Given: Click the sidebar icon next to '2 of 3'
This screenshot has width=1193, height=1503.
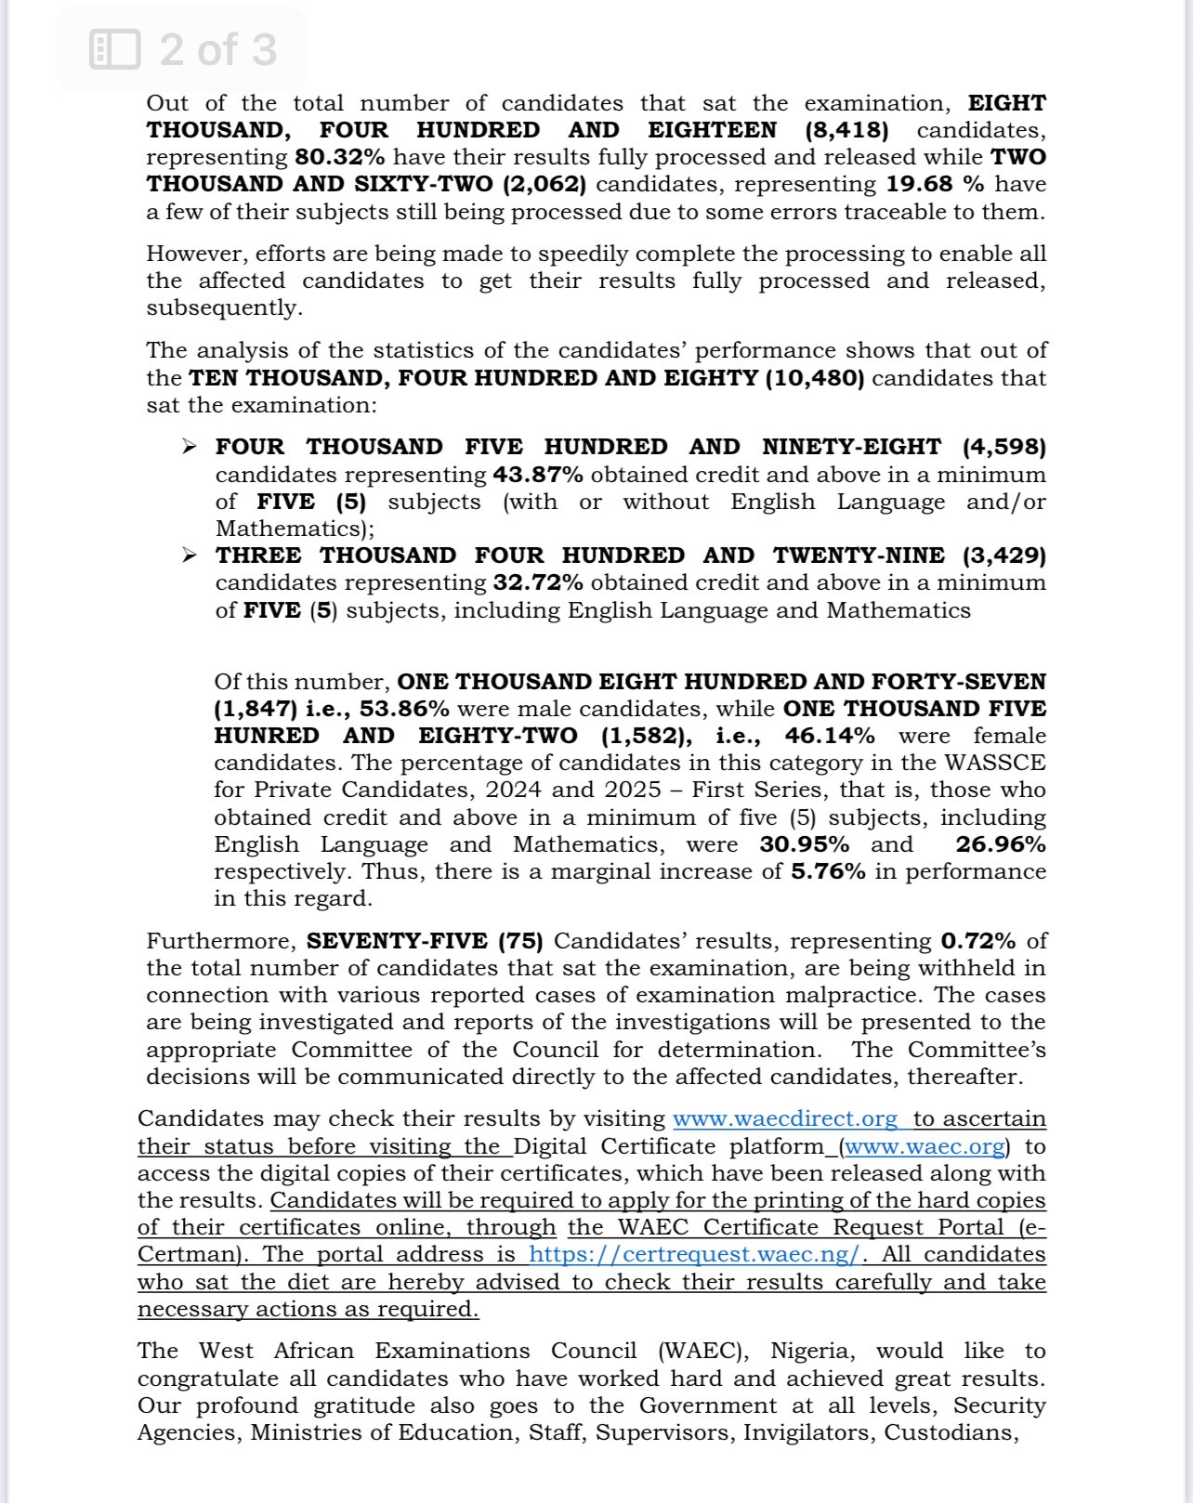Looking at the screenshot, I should [x=115, y=49].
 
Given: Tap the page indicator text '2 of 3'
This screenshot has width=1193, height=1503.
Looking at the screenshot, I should [x=218, y=49].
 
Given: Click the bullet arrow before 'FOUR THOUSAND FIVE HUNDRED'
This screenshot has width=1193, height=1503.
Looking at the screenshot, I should [x=190, y=448].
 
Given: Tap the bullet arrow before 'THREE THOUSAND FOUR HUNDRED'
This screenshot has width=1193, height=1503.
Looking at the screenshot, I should [x=190, y=555].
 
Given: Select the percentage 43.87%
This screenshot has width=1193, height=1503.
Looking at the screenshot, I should [x=538, y=475].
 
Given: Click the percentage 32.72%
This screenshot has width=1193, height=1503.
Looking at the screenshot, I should [x=538, y=582].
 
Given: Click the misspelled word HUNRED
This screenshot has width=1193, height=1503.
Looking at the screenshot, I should [x=267, y=736].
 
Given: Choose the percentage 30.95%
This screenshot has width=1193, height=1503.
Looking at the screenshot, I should [x=804, y=844].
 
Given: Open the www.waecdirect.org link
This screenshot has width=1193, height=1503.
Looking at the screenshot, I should [x=785, y=1118].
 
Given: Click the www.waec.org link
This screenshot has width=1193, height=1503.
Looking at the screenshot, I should [x=924, y=1146].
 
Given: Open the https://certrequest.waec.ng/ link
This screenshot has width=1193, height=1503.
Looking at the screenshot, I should [x=695, y=1254].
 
